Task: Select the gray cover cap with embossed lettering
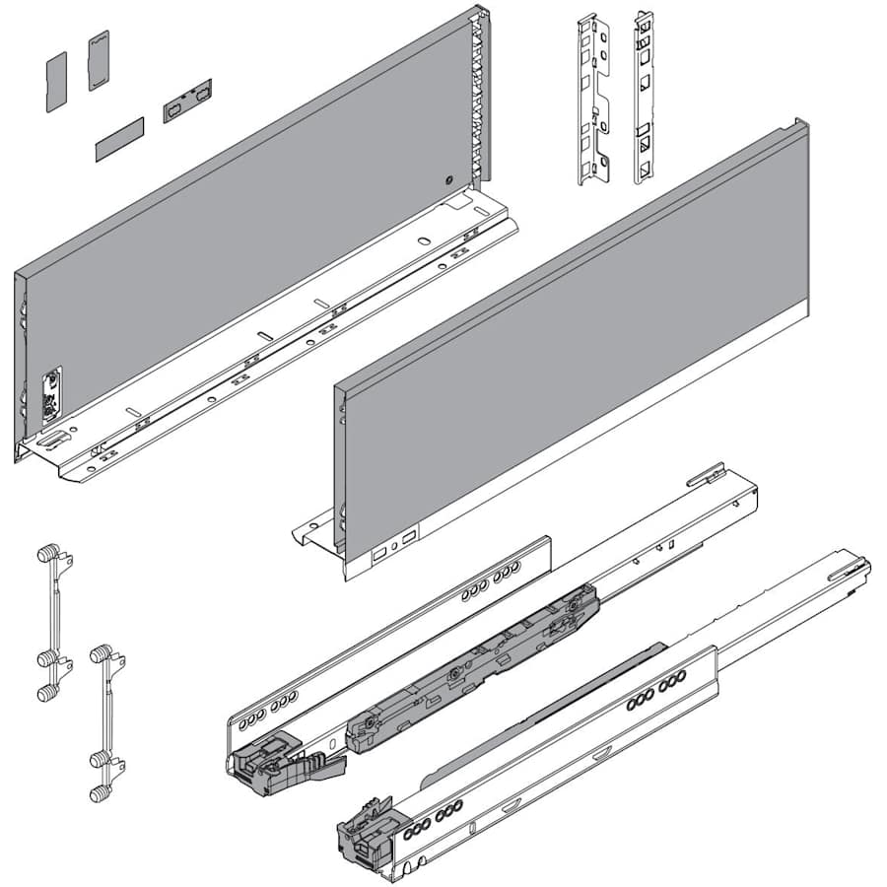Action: click(x=98, y=61)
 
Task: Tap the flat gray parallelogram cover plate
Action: click(x=119, y=139)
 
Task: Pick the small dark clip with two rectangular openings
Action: click(x=187, y=101)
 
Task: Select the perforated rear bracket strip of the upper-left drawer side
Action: click(x=481, y=99)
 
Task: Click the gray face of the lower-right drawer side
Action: click(x=572, y=355)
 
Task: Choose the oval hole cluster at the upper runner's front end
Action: click(x=277, y=704)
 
